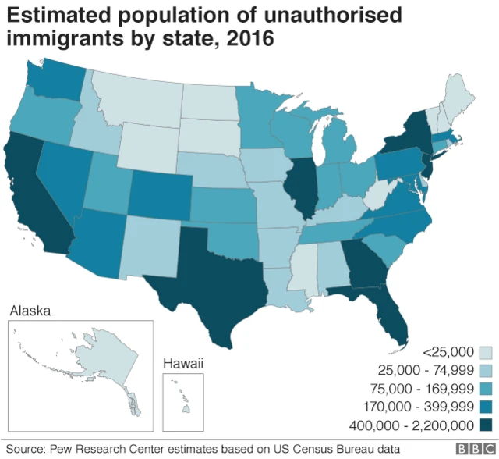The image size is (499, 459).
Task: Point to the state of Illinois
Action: coord(303,187)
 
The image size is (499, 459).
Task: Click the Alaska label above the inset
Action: coord(30,311)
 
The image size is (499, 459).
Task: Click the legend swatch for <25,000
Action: coord(485,353)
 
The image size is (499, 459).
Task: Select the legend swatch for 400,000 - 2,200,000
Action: coord(485,425)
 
